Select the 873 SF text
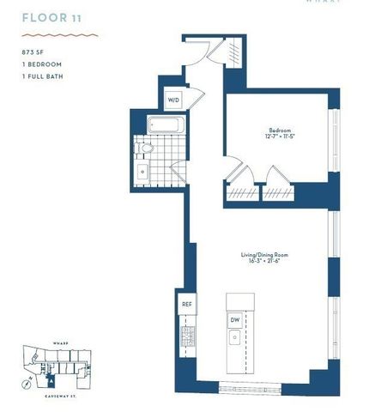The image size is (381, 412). (33, 52)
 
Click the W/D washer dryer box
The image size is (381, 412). (173, 100)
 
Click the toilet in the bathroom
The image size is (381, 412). (147, 151)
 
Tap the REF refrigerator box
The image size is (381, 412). (187, 305)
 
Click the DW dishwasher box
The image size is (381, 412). (235, 320)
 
